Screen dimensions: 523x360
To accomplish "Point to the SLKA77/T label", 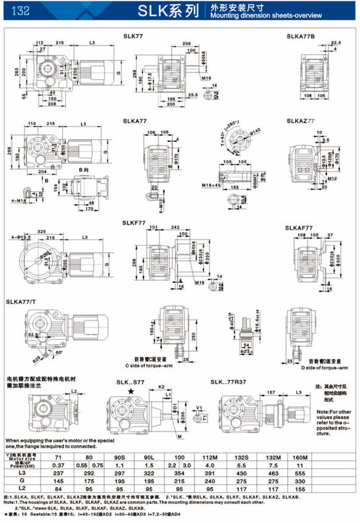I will click(21, 302).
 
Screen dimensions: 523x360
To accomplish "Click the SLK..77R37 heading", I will click(230, 382).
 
